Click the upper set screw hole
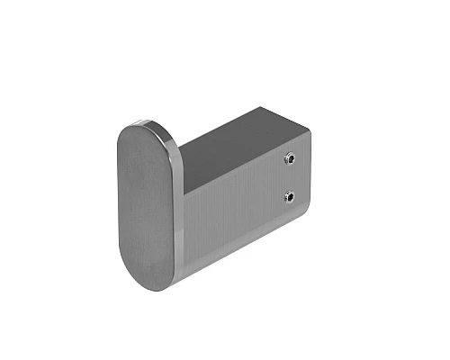click(290, 159)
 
